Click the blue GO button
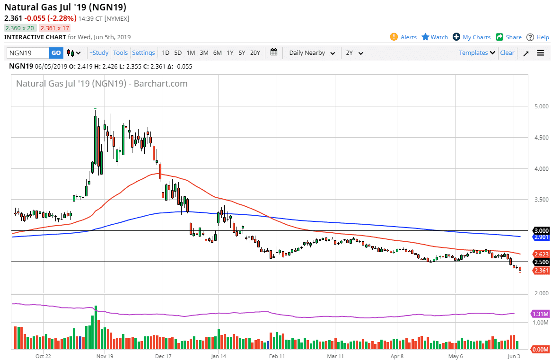click(56, 53)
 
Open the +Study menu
click(99, 53)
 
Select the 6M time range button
click(217, 53)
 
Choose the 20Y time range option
click(255, 53)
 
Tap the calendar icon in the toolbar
click(274, 53)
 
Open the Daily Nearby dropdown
click(312, 53)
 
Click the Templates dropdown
click(477, 53)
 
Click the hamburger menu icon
click(541, 53)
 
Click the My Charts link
click(472, 37)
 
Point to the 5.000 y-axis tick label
click(539, 106)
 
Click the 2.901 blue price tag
click(541, 237)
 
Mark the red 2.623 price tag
click(541, 254)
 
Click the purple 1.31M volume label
click(540, 314)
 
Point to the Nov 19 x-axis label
click(105, 356)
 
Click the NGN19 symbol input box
click(28, 53)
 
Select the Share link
click(508, 37)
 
